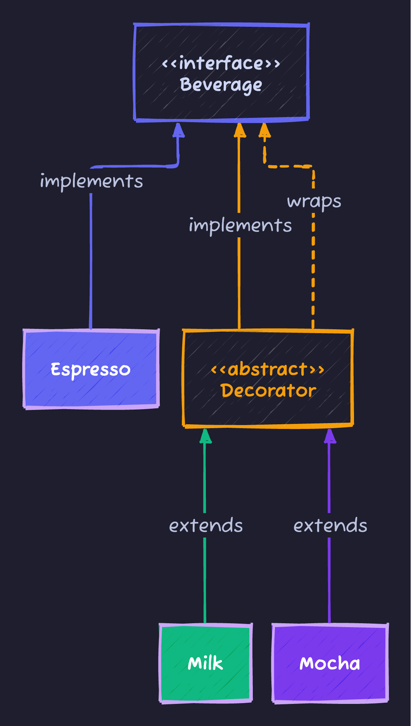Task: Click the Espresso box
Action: pos(91,369)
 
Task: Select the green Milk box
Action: pos(205,663)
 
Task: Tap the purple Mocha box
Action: pos(330,663)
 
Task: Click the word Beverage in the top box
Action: pos(221,85)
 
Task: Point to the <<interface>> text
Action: pos(221,63)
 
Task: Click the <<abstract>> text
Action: pos(268,369)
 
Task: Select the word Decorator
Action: pos(268,391)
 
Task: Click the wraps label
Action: pos(314,201)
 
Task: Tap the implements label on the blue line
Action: pos(92,181)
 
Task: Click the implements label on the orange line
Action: pos(240,225)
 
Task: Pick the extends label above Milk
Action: pos(206,525)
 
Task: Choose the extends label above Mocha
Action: pos(330,525)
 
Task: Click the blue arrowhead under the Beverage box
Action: pos(178,131)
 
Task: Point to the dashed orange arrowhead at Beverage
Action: pos(264,131)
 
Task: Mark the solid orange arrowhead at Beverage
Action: pos(240,131)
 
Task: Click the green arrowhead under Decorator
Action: pos(205,436)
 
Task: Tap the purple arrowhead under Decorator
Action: pos(330,436)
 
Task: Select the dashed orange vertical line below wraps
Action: pos(313,271)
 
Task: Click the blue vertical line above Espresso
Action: pos(91,264)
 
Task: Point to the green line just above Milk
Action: pos(205,582)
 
